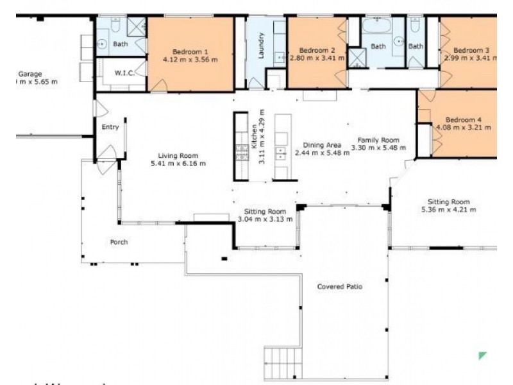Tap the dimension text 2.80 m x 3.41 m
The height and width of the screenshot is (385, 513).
tap(317, 58)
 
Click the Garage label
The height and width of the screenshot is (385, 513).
tap(30, 74)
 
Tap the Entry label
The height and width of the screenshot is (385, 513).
tap(110, 127)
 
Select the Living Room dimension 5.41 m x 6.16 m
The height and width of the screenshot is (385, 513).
tap(178, 164)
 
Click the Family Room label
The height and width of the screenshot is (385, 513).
tap(378, 140)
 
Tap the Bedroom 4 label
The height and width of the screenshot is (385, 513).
tap(463, 119)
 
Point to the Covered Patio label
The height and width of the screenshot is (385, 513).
tap(340, 286)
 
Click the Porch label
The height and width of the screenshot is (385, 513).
tap(119, 242)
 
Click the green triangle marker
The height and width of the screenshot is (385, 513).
tap(483, 355)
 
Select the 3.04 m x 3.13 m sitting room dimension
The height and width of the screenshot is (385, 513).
tap(265, 219)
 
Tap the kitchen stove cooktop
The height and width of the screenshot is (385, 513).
tap(242, 152)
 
